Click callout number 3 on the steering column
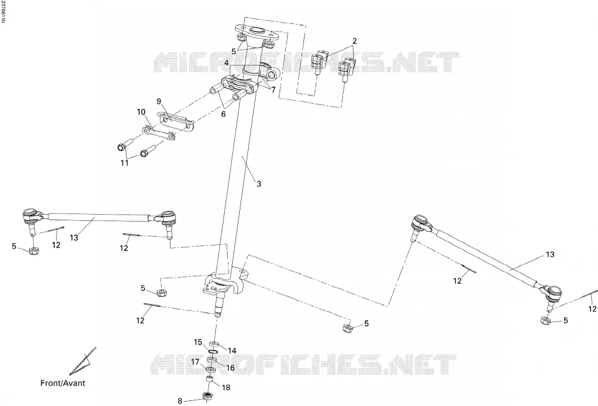(259, 184)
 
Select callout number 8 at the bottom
(180, 401)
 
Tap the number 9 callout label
(159, 101)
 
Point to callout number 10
(141, 112)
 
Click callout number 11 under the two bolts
(125, 163)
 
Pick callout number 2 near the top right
(354, 41)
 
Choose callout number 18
(226, 388)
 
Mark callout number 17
(195, 362)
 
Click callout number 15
(198, 342)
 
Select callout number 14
(232, 351)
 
